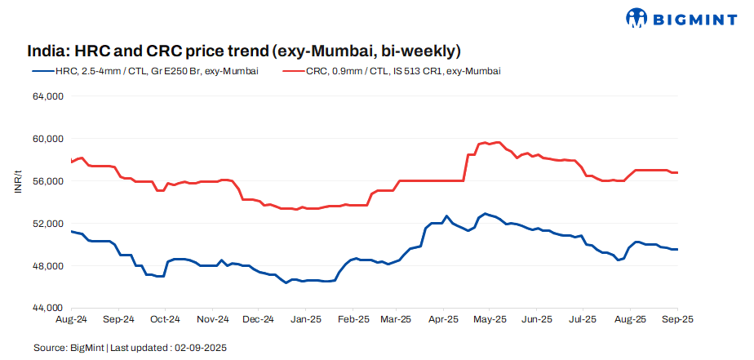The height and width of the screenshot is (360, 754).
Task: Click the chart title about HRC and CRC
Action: pos(244,51)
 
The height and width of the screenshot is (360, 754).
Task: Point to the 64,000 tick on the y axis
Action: pos(47,96)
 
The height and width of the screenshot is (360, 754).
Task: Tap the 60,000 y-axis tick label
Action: pos(47,139)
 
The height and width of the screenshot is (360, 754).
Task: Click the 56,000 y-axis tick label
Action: pos(47,181)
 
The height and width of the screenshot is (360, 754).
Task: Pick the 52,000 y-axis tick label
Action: pos(47,224)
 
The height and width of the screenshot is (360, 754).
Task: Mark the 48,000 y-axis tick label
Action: pos(47,266)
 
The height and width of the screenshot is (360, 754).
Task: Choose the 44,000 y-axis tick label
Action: pos(47,309)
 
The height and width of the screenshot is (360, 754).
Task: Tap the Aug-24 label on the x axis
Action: pos(72,320)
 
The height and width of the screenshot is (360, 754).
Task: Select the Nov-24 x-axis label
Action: pos(212,320)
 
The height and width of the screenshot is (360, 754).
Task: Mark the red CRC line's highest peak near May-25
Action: pos(498,142)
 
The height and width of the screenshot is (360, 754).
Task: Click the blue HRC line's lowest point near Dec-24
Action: pos(286,282)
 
